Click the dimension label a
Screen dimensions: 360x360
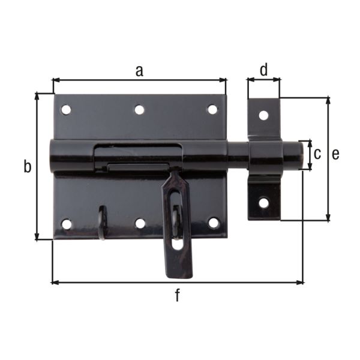click(x=139, y=71)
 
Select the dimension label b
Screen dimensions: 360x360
click(x=27, y=167)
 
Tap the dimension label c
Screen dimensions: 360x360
click(x=318, y=154)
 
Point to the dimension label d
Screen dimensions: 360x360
click(x=264, y=70)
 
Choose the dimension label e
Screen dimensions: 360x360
click(x=335, y=154)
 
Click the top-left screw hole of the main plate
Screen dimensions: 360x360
click(x=66, y=110)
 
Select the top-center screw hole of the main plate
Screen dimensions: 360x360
click(x=139, y=110)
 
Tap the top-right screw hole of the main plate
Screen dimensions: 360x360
click(x=212, y=109)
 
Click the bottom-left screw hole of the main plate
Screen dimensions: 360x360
click(x=67, y=224)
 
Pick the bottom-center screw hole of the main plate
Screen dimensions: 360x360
click(x=140, y=223)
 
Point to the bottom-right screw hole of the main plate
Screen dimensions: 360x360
click(x=213, y=223)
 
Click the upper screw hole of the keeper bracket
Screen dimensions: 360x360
click(x=263, y=115)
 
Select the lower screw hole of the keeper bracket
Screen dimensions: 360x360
click(x=263, y=203)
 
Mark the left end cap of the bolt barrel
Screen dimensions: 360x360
click(x=54, y=157)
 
